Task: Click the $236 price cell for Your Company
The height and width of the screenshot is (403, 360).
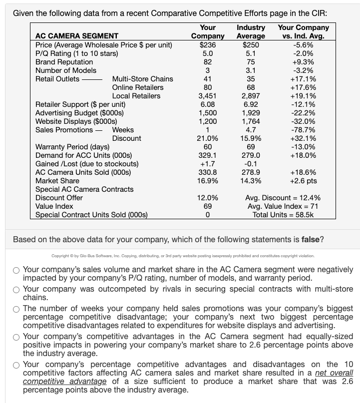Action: click(x=208, y=45)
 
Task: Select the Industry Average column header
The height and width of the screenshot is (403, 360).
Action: click(x=251, y=32)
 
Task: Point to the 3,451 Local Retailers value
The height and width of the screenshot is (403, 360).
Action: click(x=208, y=96)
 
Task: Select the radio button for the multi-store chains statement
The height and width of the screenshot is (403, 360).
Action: click(x=16, y=290)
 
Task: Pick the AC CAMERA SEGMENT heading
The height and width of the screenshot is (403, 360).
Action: click(x=77, y=36)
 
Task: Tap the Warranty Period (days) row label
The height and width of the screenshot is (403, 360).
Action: click(x=72, y=147)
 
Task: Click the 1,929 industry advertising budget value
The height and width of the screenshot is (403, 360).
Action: click(x=251, y=113)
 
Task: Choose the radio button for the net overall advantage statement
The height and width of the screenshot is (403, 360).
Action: click(x=16, y=365)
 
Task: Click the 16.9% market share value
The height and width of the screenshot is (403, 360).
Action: click(x=208, y=181)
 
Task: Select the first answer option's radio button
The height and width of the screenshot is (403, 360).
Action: click(x=16, y=270)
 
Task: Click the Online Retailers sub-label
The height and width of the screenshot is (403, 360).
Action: click(x=138, y=87)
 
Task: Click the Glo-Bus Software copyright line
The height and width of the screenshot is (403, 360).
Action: click(x=183, y=256)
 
